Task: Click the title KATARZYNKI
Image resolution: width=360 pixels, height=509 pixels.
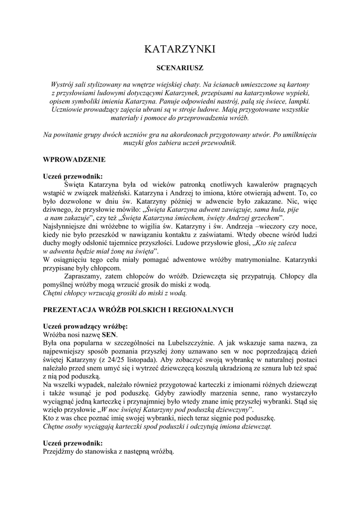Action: [x=180, y=49]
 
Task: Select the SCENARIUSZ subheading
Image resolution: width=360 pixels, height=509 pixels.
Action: [x=180, y=66]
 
